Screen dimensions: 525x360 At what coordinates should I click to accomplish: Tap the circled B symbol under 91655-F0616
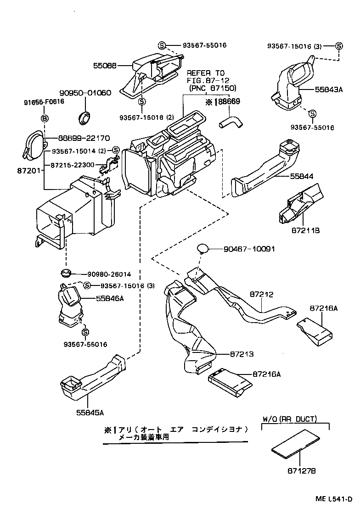coord(45,119)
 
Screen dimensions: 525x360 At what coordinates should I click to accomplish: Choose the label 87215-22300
coord(73,165)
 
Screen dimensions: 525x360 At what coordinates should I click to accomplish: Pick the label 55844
coord(301,176)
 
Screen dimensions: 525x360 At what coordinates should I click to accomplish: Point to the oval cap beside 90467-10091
coord(202,249)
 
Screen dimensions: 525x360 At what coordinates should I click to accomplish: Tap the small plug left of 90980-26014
coord(66,274)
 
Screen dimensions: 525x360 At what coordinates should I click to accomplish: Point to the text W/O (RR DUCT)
coord(296,419)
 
